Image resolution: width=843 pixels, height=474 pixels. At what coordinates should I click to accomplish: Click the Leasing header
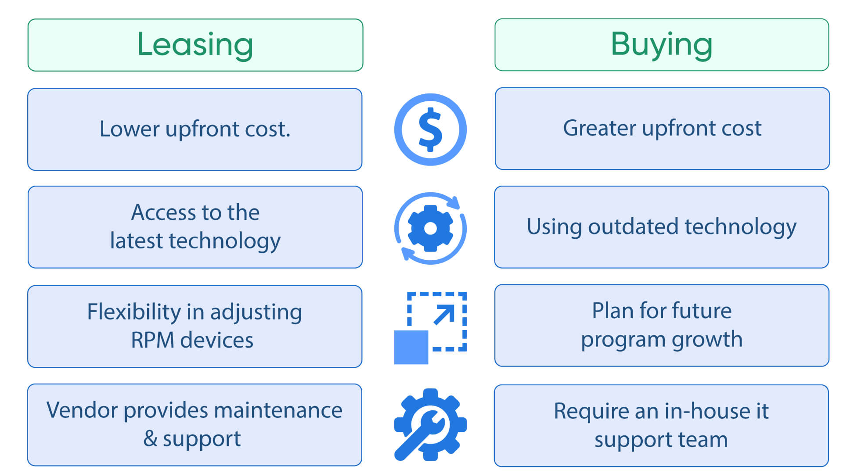195,45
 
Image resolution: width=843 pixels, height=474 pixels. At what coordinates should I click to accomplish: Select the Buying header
661,45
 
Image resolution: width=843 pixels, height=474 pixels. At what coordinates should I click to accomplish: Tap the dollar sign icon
430,129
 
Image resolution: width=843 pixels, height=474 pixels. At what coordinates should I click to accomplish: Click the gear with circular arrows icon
430,228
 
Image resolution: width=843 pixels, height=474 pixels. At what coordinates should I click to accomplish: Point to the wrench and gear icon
430,425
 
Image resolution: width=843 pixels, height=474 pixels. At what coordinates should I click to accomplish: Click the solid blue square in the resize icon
411,347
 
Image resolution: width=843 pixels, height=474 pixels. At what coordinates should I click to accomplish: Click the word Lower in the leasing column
130,129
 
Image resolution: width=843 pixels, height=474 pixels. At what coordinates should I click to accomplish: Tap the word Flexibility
134,312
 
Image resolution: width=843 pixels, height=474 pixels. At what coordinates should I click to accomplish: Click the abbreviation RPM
152,340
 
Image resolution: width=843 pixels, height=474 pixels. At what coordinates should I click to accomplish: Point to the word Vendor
82,410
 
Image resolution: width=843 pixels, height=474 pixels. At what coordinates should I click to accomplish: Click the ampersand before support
150,438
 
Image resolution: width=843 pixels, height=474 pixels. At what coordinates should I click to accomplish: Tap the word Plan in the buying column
612,311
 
